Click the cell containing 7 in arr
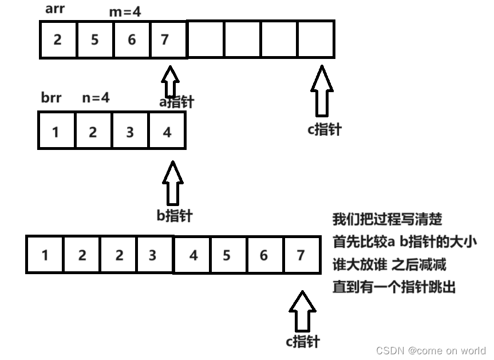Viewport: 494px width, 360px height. (x=168, y=39)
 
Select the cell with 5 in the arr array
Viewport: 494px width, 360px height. (x=94, y=39)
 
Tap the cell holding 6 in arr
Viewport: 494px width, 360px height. (x=131, y=39)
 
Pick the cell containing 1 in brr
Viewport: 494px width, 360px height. (x=56, y=131)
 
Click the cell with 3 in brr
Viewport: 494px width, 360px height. (x=130, y=131)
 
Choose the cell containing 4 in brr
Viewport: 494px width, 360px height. (x=167, y=131)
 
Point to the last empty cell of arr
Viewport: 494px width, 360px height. (x=315, y=39)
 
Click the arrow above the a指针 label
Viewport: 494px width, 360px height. (x=171, y=81)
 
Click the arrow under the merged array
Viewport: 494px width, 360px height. (x=302, y=311)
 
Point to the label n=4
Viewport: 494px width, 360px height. (x=96, y=98)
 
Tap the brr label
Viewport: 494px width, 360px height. (x=51, y=98)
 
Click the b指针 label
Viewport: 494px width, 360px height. (x=175, y=216)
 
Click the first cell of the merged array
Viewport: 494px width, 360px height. (x=45, y=254)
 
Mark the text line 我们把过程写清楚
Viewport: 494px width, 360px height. (x=387, y=219)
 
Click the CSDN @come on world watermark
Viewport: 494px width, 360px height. (x=430, y=350)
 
